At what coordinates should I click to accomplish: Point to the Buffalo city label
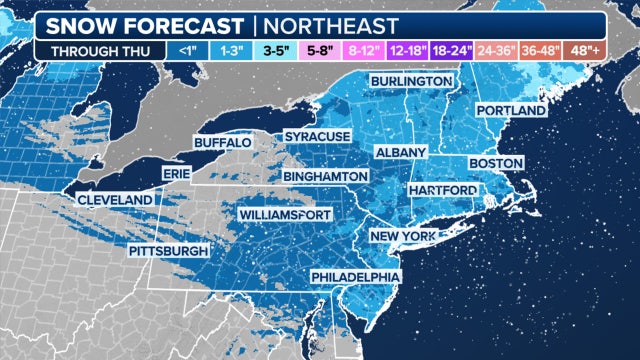221,143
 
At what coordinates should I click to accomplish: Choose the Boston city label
496,162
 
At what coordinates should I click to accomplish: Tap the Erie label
176,174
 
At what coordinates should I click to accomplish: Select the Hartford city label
440,190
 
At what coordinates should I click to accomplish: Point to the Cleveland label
115,199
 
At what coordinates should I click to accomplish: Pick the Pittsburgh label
168,250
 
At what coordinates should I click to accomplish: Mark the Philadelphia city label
355,276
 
